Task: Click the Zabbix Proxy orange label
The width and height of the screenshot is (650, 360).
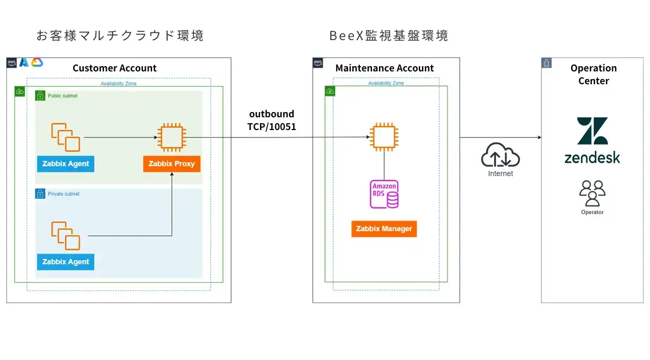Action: [x=172, y=164]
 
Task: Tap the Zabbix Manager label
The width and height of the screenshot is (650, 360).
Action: [x=384, y=229]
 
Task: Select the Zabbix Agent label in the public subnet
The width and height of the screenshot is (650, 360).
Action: [x=66, y=164]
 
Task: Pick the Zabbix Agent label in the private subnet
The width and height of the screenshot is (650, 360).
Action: [x=66, y=262]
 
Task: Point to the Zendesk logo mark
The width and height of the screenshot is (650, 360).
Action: [x=593, y=131]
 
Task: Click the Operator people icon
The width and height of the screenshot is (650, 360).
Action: [x=592, y=193]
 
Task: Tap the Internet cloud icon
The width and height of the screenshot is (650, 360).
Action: [x=500, y=156]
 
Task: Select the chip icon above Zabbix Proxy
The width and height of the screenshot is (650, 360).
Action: [x=171, y=138]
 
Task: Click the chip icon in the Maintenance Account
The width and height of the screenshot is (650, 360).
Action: [x=384, y=138]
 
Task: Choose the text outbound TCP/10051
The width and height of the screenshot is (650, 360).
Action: [x=272, y=120]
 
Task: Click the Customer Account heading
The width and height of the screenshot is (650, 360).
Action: [x=114, y=69]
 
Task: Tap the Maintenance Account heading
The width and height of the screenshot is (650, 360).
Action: [x=384, y=69]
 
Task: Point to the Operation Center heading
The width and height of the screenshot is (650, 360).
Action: [x=593, y=74]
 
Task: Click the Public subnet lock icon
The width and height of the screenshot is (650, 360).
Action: [x=40, y=95]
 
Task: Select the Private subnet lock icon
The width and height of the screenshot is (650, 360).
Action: [x=40, y=194]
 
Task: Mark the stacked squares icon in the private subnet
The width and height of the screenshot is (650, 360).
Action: [x=66, y=235]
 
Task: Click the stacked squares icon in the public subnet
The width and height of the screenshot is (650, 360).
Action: [x=66, y=137]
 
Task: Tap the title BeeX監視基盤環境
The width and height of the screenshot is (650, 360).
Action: [x=388, y=36]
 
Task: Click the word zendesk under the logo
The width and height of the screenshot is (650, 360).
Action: [x=592, y=157]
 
